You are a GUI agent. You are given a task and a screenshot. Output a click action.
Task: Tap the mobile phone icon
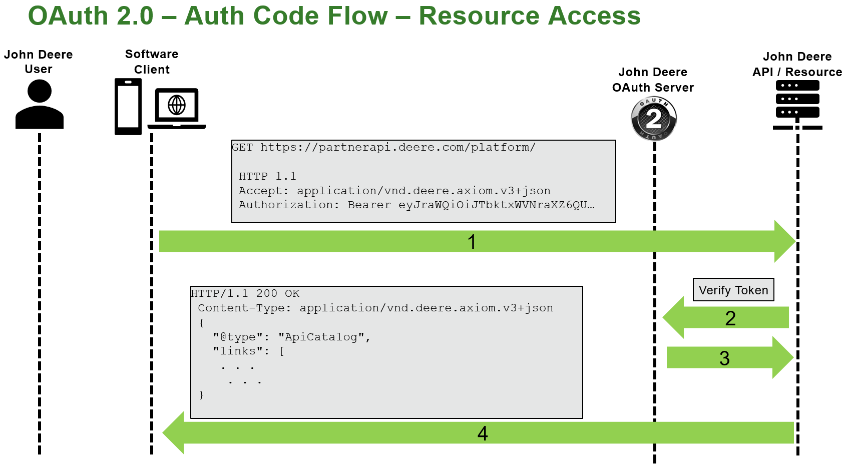(x=128, y=107)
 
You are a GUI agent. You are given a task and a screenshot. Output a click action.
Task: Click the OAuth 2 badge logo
(x=653, y=119)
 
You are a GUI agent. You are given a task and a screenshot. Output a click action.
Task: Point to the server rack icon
(x=797, y=99)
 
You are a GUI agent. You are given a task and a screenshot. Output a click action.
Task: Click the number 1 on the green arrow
(x=472, y=242)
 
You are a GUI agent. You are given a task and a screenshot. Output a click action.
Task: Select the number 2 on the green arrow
(x=730, y=318)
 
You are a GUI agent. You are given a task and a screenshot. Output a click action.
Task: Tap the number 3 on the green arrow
(x=724, y=358)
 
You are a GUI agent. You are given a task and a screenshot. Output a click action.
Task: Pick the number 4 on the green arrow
(x=483, y=433)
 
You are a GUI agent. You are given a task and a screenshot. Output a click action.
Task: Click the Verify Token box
(x=733, y=290)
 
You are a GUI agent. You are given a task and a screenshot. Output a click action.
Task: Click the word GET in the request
(x=243, y=147)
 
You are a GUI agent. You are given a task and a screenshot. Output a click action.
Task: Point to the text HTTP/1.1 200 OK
(x=245, y=293)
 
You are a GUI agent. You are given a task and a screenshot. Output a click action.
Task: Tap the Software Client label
(x=152, y=62)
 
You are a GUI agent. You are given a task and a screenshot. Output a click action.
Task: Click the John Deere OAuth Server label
(x=653, y=80)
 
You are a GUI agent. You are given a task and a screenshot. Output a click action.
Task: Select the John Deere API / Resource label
(x=797, y=64)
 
